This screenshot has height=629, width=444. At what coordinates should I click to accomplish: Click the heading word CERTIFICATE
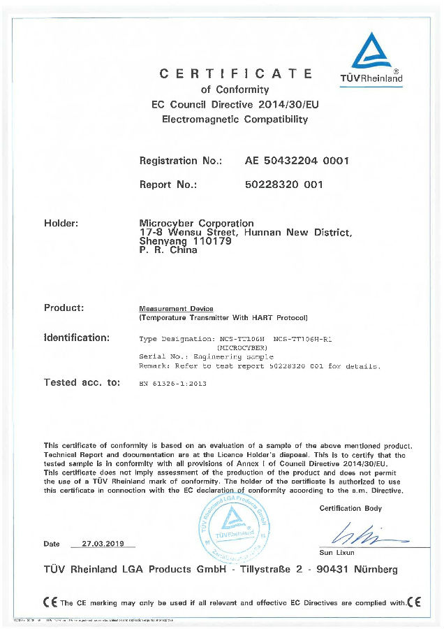(236, 73)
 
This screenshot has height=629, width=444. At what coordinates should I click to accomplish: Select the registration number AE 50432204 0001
(297, 161)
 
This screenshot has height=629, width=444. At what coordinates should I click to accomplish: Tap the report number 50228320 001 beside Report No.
(283, 185)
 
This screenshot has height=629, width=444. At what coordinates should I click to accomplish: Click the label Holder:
(61, 223)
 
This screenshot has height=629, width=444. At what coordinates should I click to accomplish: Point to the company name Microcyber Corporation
(197, 223)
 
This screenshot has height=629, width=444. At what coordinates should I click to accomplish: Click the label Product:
(64, 308)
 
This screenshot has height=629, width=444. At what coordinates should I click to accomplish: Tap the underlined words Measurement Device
(177, 308)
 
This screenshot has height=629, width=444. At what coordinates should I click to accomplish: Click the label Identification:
(77, 338)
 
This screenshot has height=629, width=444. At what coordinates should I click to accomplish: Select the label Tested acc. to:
(82, 382)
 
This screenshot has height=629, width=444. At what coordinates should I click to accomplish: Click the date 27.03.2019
(103, 543)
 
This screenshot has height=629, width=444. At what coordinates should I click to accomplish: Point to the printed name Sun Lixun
(336, 552)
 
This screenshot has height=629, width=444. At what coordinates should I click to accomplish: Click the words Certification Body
(350, 508)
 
